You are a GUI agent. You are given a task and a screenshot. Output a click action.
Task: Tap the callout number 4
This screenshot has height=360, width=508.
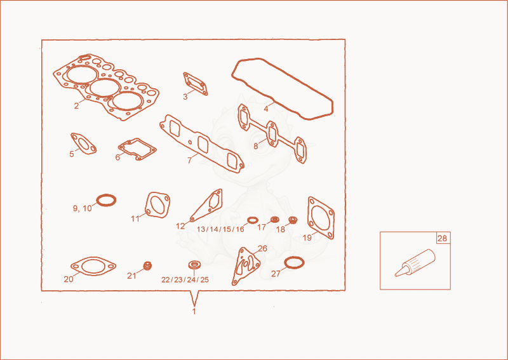pyautogui.click(x=266, y=109)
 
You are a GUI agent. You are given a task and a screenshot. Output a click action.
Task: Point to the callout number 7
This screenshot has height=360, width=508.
pyautogui.click(x=189, y=160)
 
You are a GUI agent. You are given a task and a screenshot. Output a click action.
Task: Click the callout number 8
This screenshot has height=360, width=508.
pyautogui.click(x=256, y=146)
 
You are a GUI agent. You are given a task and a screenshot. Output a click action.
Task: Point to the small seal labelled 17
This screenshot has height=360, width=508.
pyautogui.click(x=275, y=220)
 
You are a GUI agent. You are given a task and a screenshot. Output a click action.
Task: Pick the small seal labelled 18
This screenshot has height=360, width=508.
pyautogui.click(x=293, y=220)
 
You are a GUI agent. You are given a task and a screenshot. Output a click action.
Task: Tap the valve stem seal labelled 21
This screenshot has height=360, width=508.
pyautogui.click(x=147, y=265)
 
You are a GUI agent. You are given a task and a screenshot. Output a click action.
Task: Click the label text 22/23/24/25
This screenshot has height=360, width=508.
pyautogui.click(x=185, y=279)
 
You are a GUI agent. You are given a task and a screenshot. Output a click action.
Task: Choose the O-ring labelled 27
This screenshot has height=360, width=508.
pyautogui.click(x=284, y=262)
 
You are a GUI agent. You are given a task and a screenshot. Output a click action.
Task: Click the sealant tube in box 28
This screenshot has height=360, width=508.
pyautogui.click(x=415, y=263)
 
